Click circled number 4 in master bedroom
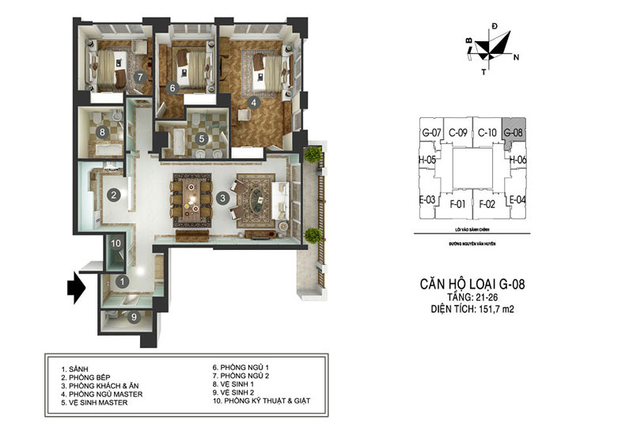point(253,102)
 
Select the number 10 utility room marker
point(116,244)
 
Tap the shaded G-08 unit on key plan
point(514,131)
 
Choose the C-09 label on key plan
point(458,132)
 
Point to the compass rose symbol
point(491,51)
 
